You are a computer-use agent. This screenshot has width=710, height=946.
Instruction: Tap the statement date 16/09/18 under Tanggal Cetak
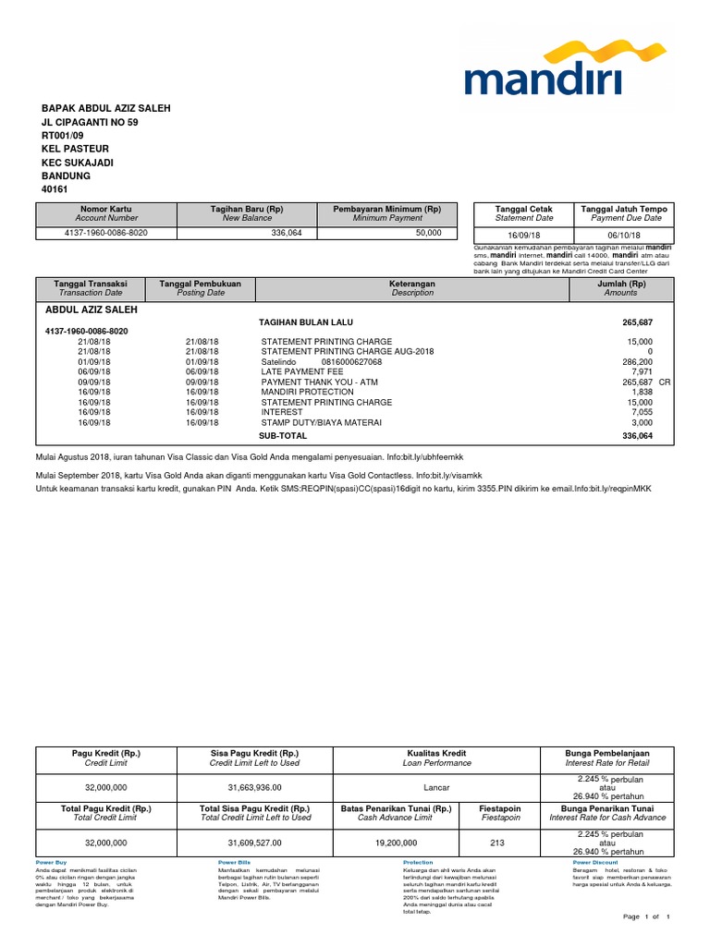tap(523, 236)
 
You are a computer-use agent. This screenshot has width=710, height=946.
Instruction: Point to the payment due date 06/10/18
tap(626, 236)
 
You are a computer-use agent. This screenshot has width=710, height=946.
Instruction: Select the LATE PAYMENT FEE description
tap(301, 372)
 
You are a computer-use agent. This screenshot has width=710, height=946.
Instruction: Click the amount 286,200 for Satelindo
tap(635, 362)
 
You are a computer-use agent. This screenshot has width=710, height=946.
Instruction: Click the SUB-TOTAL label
tap(282, 434)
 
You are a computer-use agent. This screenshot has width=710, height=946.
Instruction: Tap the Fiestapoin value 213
tap(500, 843)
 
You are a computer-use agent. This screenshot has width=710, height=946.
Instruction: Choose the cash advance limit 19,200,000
tap(396, 843)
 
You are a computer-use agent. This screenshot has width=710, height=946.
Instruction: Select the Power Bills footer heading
tap(233, 862)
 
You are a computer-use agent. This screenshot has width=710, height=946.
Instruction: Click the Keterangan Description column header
tap(412, 287)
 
